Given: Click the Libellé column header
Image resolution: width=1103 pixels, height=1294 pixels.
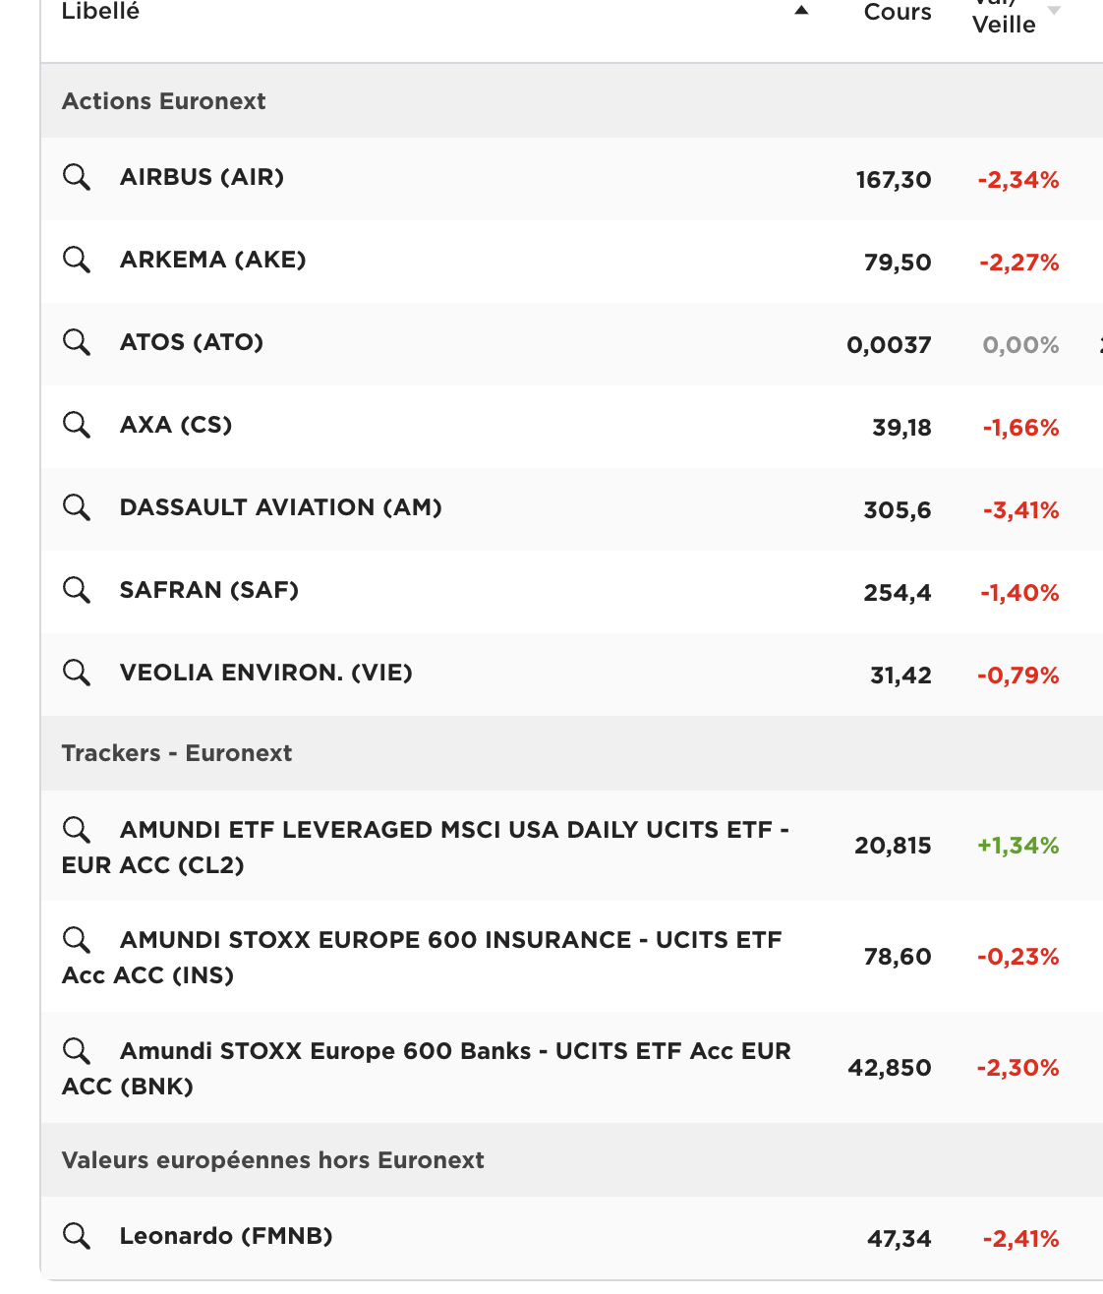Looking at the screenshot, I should click(x=100, y=12).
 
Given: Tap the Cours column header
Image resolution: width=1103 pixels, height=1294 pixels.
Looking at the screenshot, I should click(x=897, y=12).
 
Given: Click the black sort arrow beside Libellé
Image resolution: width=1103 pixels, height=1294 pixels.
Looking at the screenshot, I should click(x=801, y=11).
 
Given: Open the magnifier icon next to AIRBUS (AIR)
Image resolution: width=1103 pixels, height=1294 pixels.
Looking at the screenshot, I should click(x=77, y=177).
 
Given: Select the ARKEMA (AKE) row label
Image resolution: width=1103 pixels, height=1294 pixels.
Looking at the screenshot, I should click(x=212, y=260).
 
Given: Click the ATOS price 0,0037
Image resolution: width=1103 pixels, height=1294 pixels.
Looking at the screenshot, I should click(x=888, y=345).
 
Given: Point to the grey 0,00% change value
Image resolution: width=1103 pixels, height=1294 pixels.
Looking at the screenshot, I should click(x=1020, y=345).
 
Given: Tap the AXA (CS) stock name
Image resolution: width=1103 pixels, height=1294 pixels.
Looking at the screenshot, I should click(x=175, y=425).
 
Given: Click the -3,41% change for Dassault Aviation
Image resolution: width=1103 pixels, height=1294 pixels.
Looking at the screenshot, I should click(x=1020, y=510).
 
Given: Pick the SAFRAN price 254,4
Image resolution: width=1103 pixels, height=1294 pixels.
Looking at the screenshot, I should click(x=897, y=593).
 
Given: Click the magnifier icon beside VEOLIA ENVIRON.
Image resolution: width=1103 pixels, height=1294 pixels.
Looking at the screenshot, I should click(x=77, y=673).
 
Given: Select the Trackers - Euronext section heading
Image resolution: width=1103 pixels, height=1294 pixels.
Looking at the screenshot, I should click(x=177, y=753).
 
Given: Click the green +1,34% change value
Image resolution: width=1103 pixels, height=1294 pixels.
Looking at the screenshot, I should click(x=1017, y=846).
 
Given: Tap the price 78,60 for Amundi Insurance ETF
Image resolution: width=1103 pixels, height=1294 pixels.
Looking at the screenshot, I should click(x=897, y=957).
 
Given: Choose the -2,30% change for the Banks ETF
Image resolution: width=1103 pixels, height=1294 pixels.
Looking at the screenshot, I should click(x=1017, y=1068).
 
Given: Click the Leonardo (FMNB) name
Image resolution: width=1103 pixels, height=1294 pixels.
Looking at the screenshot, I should click(x=226, y=1236).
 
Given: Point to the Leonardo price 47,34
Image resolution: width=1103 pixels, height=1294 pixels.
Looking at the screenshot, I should click(x=899, y=1239).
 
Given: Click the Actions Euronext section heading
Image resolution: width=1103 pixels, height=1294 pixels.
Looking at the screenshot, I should click(x=163, y=101).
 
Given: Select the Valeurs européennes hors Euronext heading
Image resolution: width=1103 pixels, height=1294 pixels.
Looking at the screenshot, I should click(x=272, y=1160).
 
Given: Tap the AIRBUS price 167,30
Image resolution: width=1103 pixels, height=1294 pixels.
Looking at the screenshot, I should click(x=893, y=180).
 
